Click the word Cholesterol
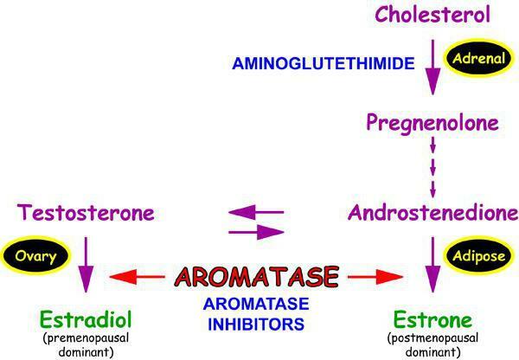(432, 15)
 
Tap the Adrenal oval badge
(478, 58)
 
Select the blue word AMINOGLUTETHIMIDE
(324, 63)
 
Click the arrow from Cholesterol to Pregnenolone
(432, 67)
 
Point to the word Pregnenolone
(432, 124)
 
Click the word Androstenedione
(433, 213)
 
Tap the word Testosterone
(86, 213)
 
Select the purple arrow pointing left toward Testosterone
(256, 212)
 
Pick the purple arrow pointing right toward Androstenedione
(257, 232)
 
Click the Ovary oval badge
(35, 255)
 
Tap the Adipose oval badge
(478, 255)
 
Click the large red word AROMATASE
(257, 277)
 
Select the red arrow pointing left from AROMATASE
(137, 277)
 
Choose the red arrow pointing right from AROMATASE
(375, 277)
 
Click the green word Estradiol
(86, 319)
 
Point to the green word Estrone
(432, 319)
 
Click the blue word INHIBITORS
(256, 325)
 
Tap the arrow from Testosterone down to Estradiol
(86, 265)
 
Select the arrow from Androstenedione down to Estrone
(432, 265)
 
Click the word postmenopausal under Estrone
(432, 338)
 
